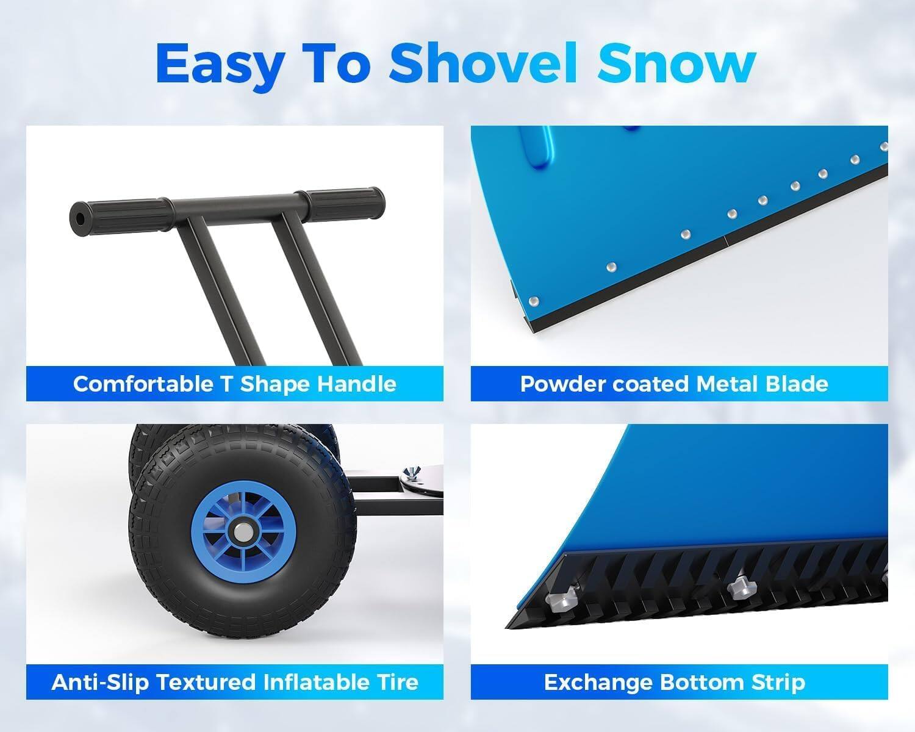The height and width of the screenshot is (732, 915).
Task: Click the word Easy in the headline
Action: click(x=220, y=63)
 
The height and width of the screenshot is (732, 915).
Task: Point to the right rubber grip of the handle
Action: click(x=330, y=200)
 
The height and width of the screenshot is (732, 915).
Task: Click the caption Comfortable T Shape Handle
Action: click(x=235, y=384)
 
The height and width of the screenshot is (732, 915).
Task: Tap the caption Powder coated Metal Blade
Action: click(x=674, y=384)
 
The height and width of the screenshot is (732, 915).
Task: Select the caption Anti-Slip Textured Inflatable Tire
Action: click(x=235, y=682)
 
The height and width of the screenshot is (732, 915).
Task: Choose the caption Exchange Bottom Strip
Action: click(x=674, y=682)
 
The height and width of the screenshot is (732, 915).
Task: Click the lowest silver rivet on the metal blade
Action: click(x=534, y=301)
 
